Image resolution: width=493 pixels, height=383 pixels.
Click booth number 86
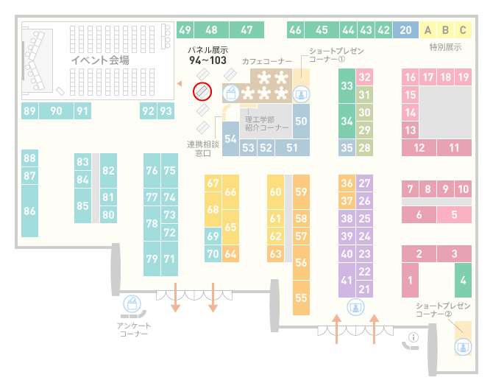[x=29, y=211]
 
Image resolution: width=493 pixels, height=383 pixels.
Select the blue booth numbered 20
[x=405, y=30]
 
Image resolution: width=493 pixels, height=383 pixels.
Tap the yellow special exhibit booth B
[x=445, y=30]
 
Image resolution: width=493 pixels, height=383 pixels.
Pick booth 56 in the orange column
[x=301, y=262]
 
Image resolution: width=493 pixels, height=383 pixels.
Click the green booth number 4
[x=463, y=280]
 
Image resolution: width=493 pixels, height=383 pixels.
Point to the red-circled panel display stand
[x=202, y=92]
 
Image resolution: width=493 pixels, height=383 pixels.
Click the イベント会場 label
[x=100, y=60]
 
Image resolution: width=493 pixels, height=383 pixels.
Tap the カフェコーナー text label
[x=267, y=61]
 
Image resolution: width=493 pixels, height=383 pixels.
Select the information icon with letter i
[x=413, y=337]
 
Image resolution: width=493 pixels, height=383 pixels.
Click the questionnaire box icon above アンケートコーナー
[x=132, y=304]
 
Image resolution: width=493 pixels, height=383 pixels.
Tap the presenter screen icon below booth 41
[x=355, y=307]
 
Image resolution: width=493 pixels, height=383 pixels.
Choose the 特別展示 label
[x=445, y=47]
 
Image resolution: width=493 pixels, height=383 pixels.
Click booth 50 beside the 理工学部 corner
[x=301, y=122]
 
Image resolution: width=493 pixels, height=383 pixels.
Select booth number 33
[x=347, y=85]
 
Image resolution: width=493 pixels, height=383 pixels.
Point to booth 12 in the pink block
[x=419, y=147]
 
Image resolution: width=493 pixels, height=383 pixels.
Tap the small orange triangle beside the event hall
[x=180, y=83]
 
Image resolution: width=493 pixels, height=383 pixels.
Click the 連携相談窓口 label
[x=203, y=149]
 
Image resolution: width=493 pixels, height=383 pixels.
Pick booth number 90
[x=56, y=110]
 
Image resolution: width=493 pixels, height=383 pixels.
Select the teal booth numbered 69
[x=213, y=236]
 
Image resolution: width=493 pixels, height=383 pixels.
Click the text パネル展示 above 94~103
[x=208, y=50]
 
